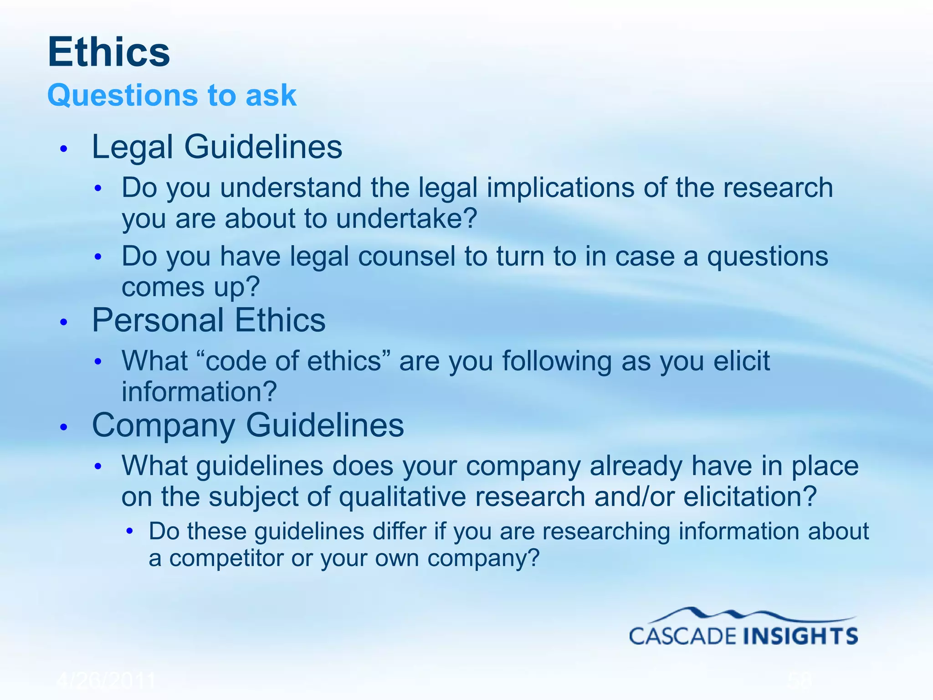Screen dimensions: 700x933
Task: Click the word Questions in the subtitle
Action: coord(122,95)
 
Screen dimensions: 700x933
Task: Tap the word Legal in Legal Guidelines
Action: coord(133,147)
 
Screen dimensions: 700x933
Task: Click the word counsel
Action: coord(406,256)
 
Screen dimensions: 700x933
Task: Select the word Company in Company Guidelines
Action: coord(164,425)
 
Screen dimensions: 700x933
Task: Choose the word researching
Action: coord(606,531)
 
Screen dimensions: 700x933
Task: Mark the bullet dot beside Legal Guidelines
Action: coord(64,149)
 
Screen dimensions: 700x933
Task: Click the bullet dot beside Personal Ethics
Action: coord(64,322)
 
